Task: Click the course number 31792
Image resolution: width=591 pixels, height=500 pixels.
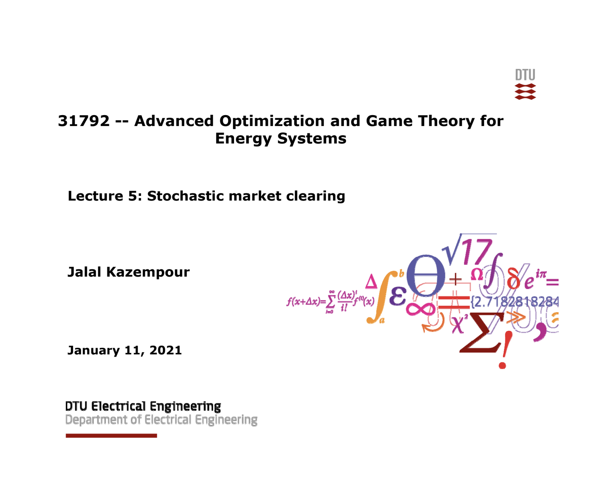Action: (84, 121)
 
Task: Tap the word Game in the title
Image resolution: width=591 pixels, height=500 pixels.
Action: (389, 121)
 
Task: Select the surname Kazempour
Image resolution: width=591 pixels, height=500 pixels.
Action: (148, 272)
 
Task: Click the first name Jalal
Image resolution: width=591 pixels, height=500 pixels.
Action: (84, 272)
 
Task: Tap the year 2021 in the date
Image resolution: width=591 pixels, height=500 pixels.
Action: (165, 350)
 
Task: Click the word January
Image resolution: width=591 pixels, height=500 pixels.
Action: (93, 350)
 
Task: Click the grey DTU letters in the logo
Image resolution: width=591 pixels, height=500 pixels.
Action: (525, 75)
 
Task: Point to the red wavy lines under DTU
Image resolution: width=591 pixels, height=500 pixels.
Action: (525, 92)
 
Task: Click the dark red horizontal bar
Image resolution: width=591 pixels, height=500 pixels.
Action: (111, 435)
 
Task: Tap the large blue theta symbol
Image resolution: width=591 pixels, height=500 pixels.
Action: (426, 276)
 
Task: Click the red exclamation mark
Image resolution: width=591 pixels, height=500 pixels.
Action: (504, 350)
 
